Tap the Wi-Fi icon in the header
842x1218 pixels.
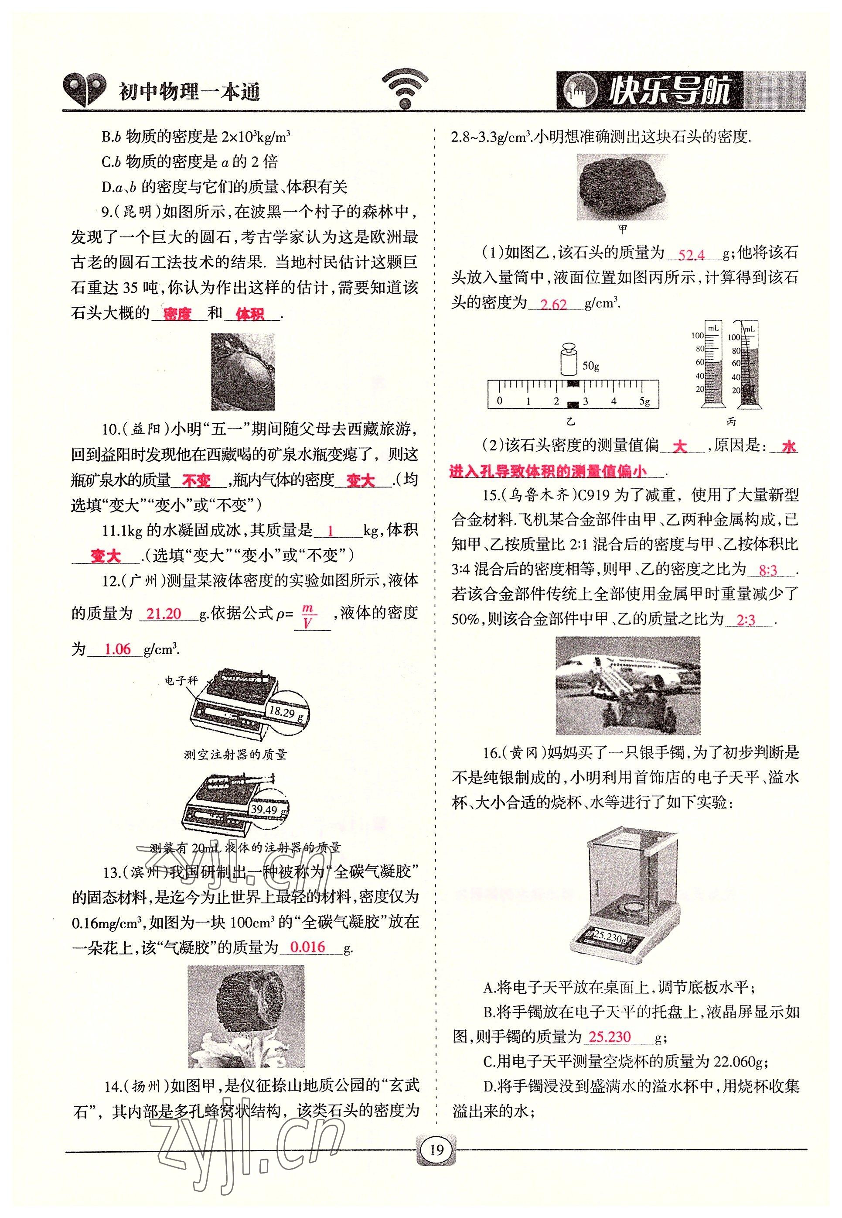405,89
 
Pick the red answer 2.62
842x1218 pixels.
553,305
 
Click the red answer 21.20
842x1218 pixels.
164,614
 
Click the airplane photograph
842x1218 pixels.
628,685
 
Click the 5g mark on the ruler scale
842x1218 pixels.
644,401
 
